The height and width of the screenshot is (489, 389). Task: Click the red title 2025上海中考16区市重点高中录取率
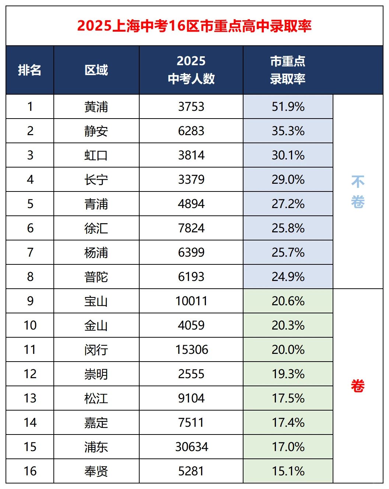point(194,26)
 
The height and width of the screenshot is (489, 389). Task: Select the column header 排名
point(29,70)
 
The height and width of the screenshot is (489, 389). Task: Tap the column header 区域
point(96,70)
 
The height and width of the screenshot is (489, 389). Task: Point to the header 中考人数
point(191,78)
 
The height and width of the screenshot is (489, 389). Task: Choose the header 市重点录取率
point(288,70)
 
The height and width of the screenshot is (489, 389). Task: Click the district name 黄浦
point(96,107)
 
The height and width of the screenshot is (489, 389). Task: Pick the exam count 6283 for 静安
point(191,131)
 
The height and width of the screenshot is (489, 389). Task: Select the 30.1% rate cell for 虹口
point(288,155)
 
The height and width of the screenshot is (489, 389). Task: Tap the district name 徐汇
point(96,228)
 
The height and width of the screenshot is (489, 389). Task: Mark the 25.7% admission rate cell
point(288,253)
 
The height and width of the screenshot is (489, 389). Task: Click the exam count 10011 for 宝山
point(191,301)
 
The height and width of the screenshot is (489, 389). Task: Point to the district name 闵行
point(96,350)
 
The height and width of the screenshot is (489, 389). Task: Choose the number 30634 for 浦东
point(192,447)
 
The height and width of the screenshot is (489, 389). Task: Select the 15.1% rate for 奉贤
point(288,471)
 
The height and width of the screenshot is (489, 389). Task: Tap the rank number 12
point(30,374)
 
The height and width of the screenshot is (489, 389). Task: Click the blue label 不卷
point(358,192)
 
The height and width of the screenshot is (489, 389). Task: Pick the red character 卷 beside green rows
point(358,386)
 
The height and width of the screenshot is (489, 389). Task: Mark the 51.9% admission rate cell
point(288,107)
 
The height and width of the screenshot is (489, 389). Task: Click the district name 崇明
point(96,374)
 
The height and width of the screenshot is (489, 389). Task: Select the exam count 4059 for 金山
point(191,326)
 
